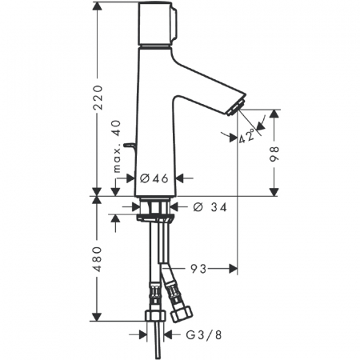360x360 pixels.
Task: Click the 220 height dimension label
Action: click(98, 98)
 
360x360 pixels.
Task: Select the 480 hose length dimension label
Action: click(98, 259)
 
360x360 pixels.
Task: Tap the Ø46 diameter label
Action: click(154, 178)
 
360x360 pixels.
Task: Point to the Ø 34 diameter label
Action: click(210, 207)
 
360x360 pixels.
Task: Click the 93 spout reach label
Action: click(198, 269)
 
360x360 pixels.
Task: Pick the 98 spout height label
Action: click(274, 154)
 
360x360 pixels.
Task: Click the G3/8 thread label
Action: click(204, 335)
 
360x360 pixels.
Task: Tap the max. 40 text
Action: click(117, 146)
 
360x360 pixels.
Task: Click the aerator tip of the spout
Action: click(235, 109)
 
